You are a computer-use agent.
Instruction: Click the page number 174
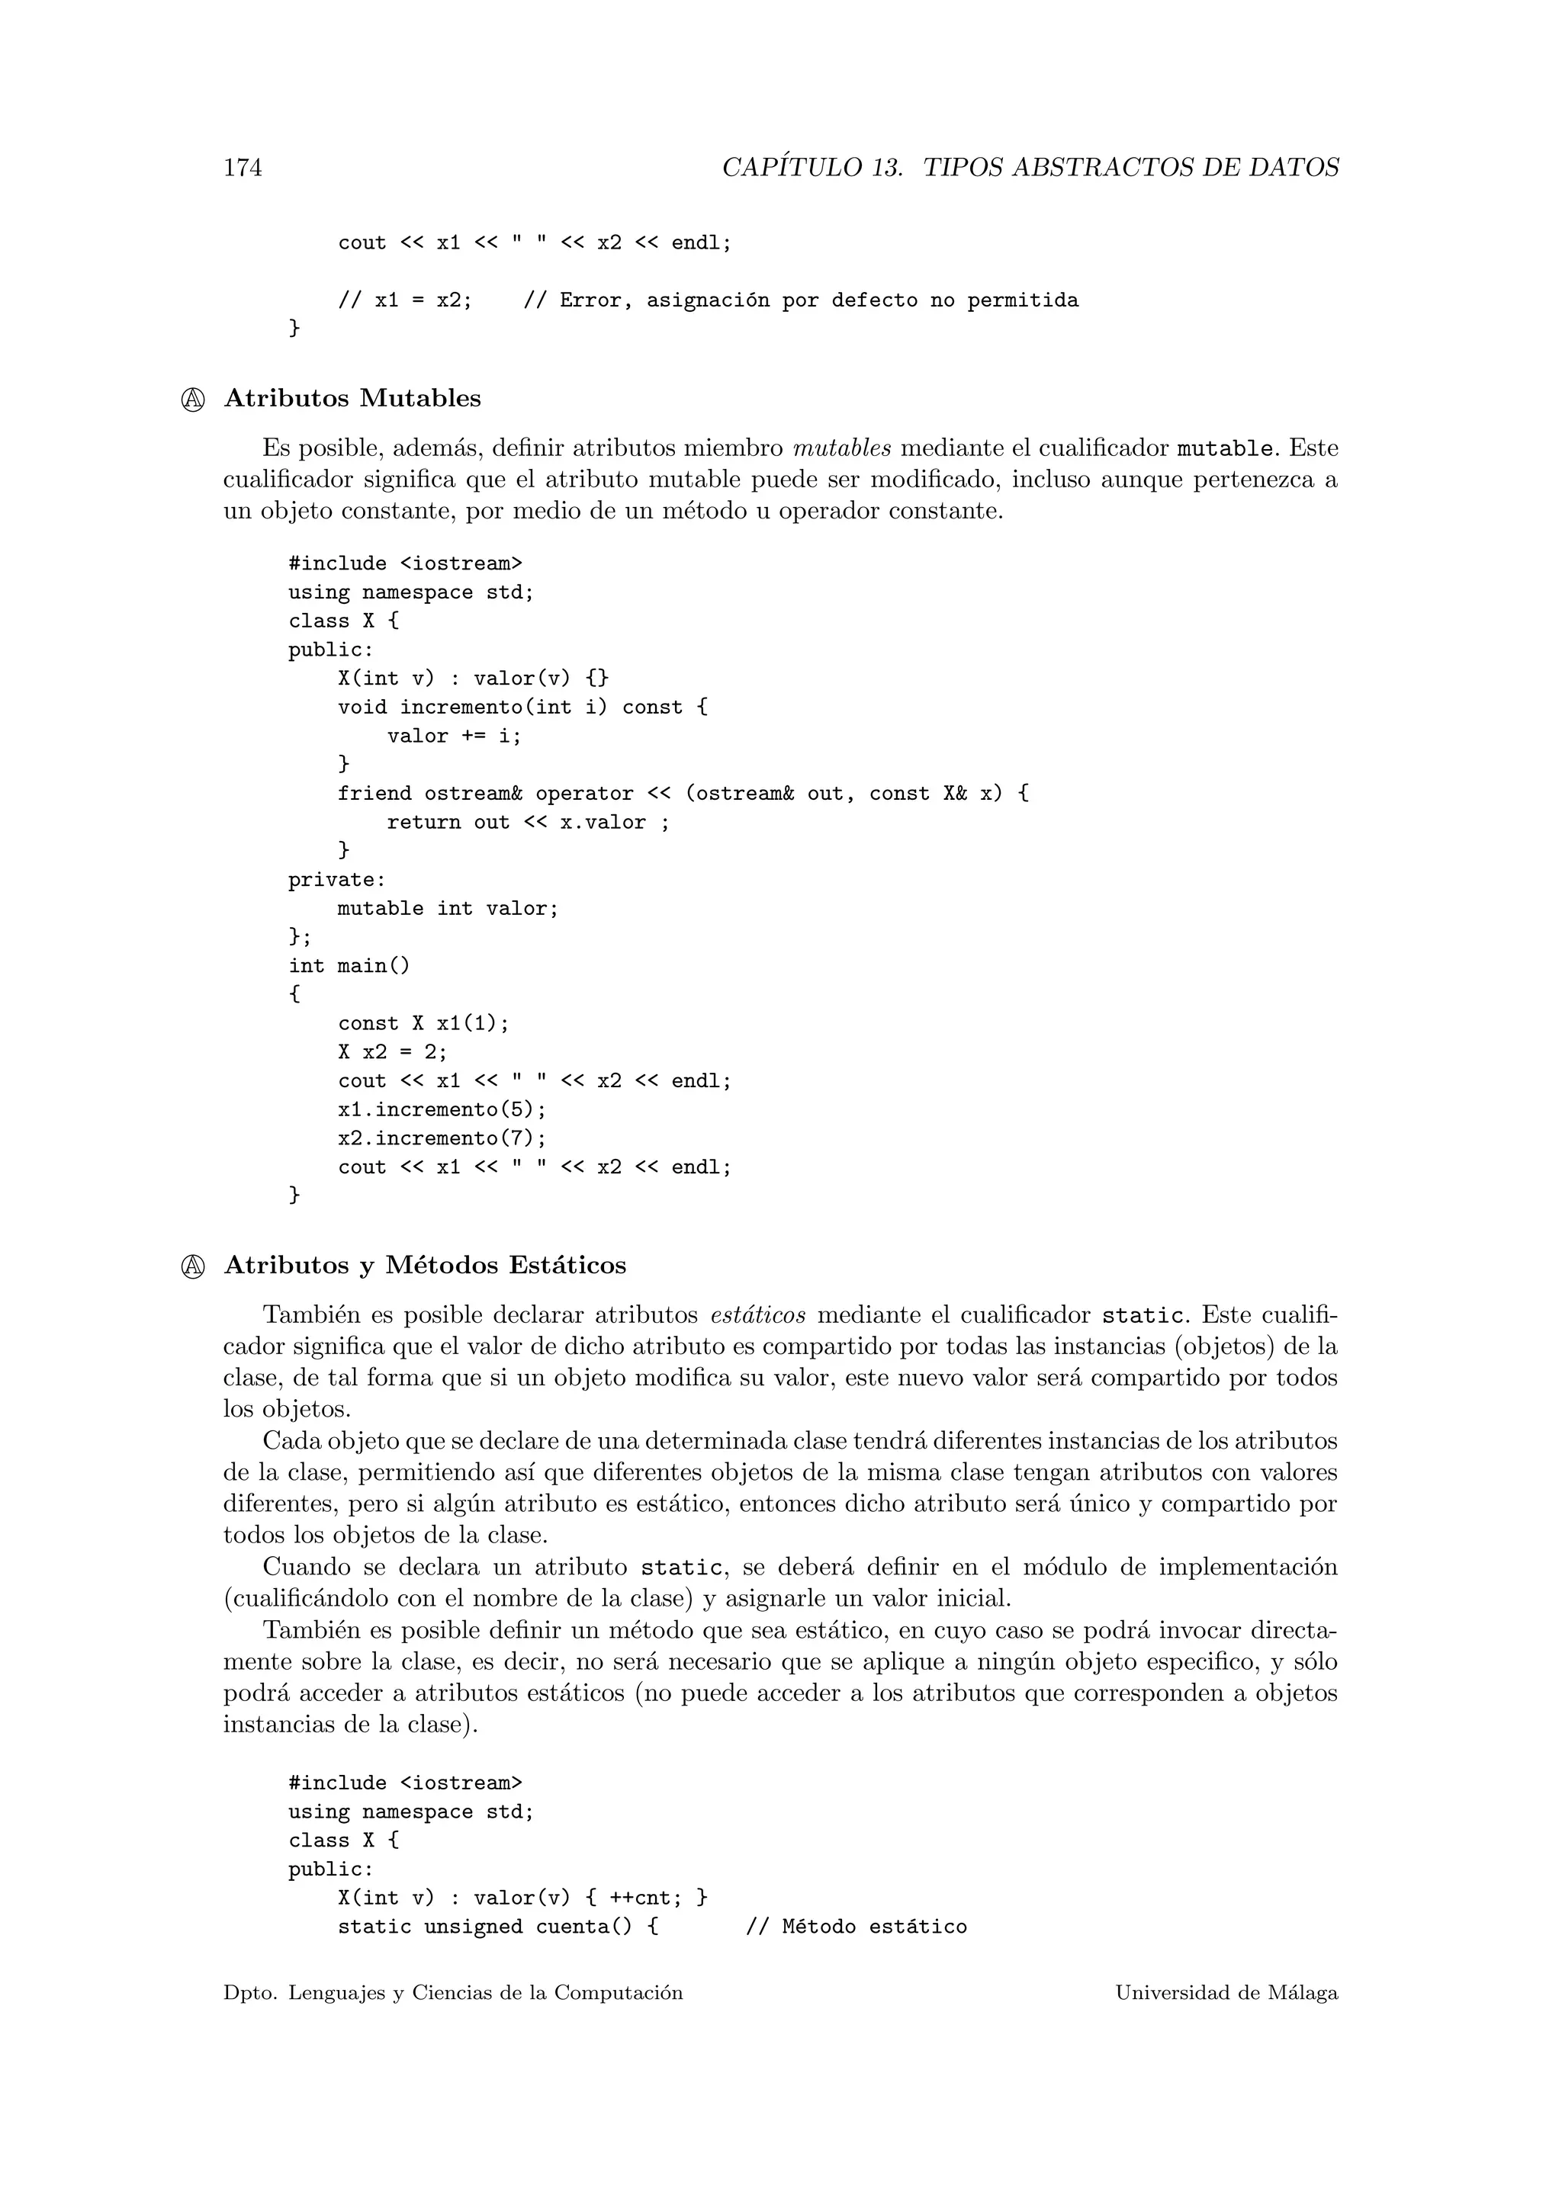243,168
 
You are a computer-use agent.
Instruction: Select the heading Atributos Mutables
352,398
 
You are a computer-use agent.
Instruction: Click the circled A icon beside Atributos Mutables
192,400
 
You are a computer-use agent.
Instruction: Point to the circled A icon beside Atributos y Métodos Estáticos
192,1266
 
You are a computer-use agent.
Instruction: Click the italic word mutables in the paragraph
841,448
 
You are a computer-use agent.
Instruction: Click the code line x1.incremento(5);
442,1110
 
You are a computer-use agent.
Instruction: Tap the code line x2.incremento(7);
442,1138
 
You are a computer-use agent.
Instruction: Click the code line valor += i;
454,737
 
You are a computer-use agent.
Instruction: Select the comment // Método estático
856,1927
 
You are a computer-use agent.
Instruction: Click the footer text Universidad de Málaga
1226,1994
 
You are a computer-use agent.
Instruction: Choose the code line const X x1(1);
423,1024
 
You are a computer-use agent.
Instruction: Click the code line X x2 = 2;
393,1052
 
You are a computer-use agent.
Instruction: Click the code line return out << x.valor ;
527,822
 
